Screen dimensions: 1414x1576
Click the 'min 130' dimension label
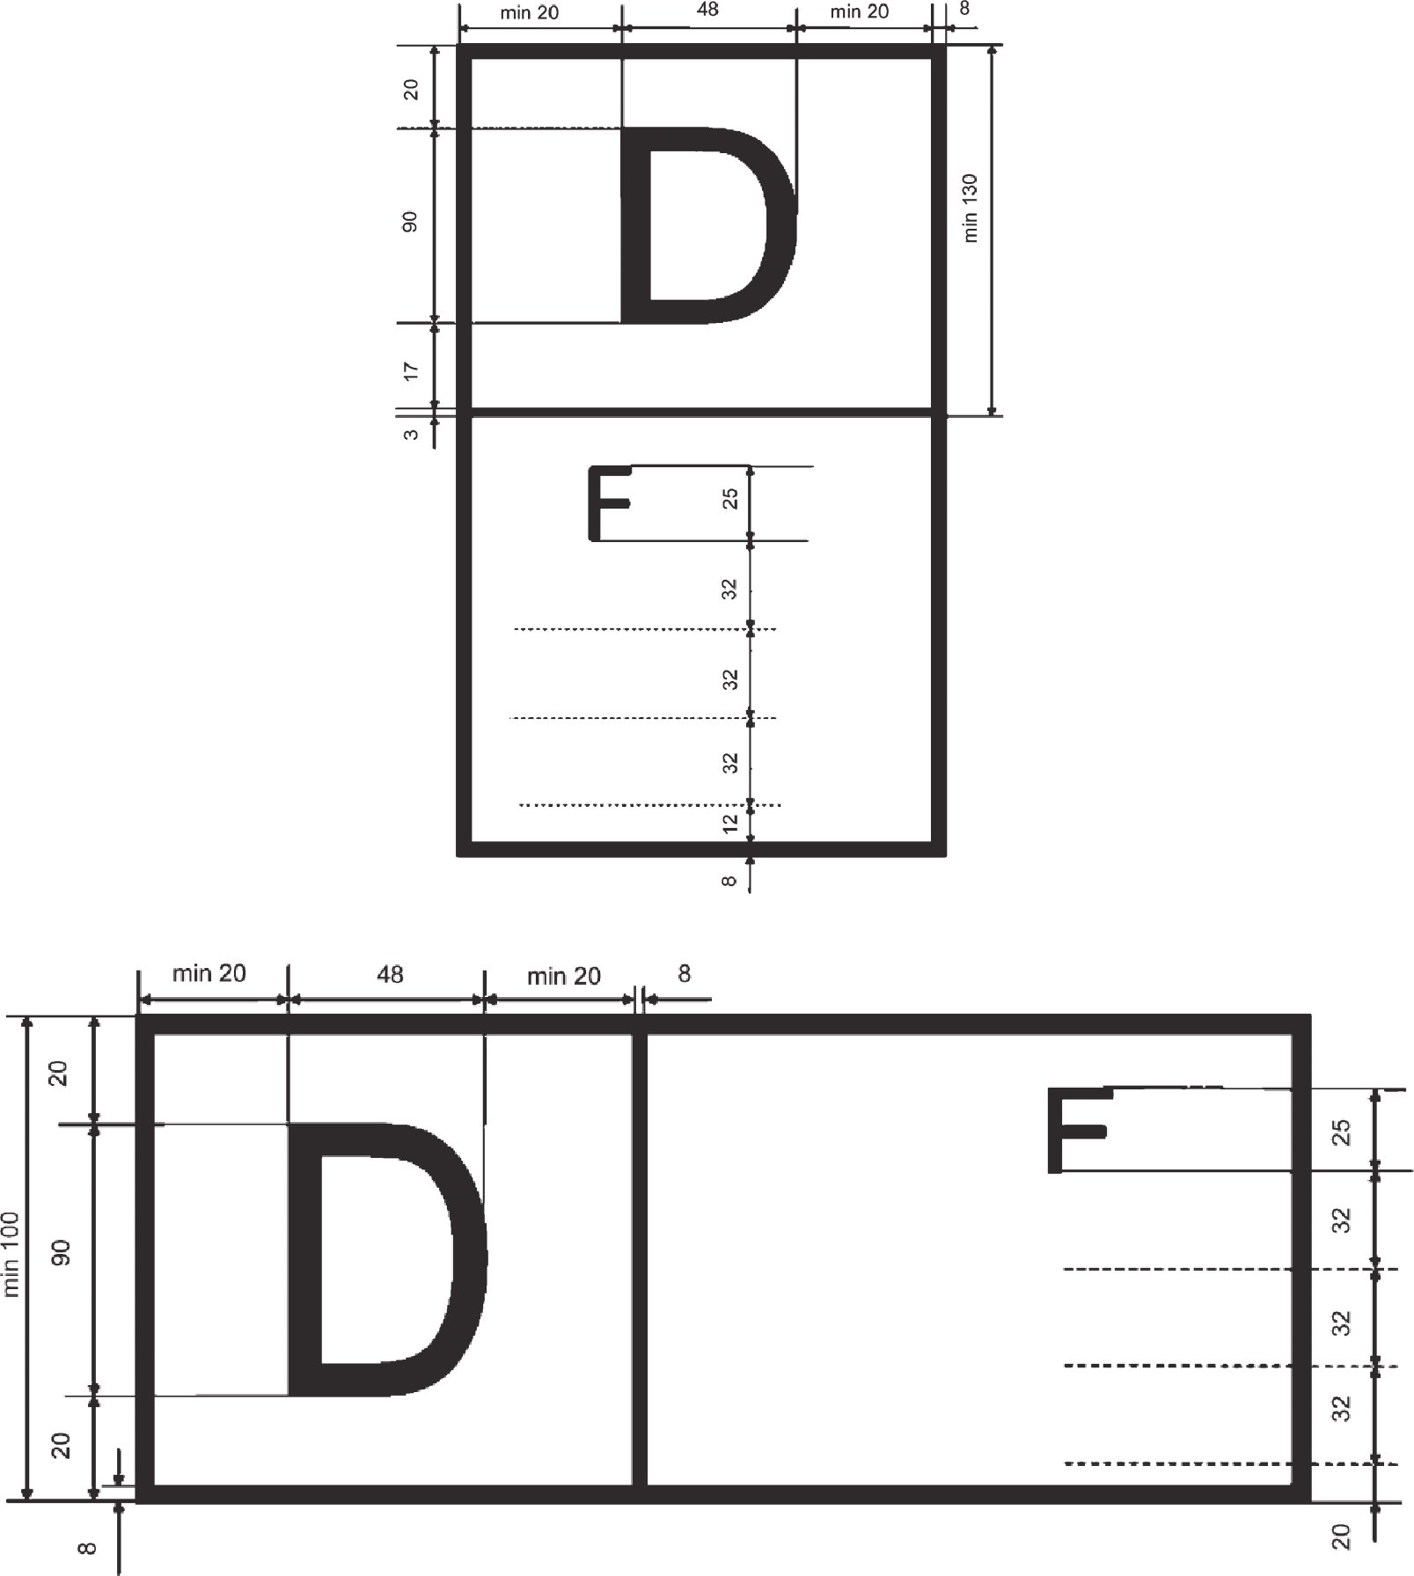click(970, 209)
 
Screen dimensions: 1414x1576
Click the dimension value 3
click(411, 434)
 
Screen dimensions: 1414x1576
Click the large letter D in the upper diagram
click(709, 226)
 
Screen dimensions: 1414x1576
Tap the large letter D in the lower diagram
click(387, 1259)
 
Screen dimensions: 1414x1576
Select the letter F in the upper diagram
click(609, 503)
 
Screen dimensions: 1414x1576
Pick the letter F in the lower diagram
click(1077, 1130)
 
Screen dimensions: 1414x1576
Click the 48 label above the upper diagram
click(707, 10)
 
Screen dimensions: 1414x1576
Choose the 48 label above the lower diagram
click(390, 974)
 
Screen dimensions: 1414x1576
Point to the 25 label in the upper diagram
click(729, 500)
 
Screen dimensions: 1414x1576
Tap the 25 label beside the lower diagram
click(1341, 1132)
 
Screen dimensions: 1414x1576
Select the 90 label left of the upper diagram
click(410, 222)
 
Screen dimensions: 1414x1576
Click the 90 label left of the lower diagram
click(60, 1253)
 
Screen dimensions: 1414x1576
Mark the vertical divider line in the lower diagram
click(641, 1259)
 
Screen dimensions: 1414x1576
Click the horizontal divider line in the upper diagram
click(701, 411)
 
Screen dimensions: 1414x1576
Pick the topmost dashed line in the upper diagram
click(645, 629)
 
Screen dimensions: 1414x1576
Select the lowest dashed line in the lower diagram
click(1231, 1463)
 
